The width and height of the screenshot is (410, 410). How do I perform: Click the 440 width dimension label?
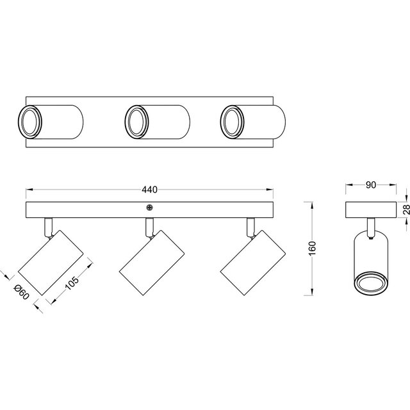click(x=150, y=190)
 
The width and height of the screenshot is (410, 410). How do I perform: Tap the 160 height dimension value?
click(x=312, y=248)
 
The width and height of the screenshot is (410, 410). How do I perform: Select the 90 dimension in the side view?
click(x=370, y=185)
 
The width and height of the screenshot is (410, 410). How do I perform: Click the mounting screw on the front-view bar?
click(x=149, y=207)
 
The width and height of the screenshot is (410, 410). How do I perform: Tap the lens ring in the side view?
click(x=370, y=283)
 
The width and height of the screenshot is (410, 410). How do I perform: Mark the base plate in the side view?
click(x=370, y=210)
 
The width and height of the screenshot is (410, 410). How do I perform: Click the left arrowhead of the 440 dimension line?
click(x=28, y=190)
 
